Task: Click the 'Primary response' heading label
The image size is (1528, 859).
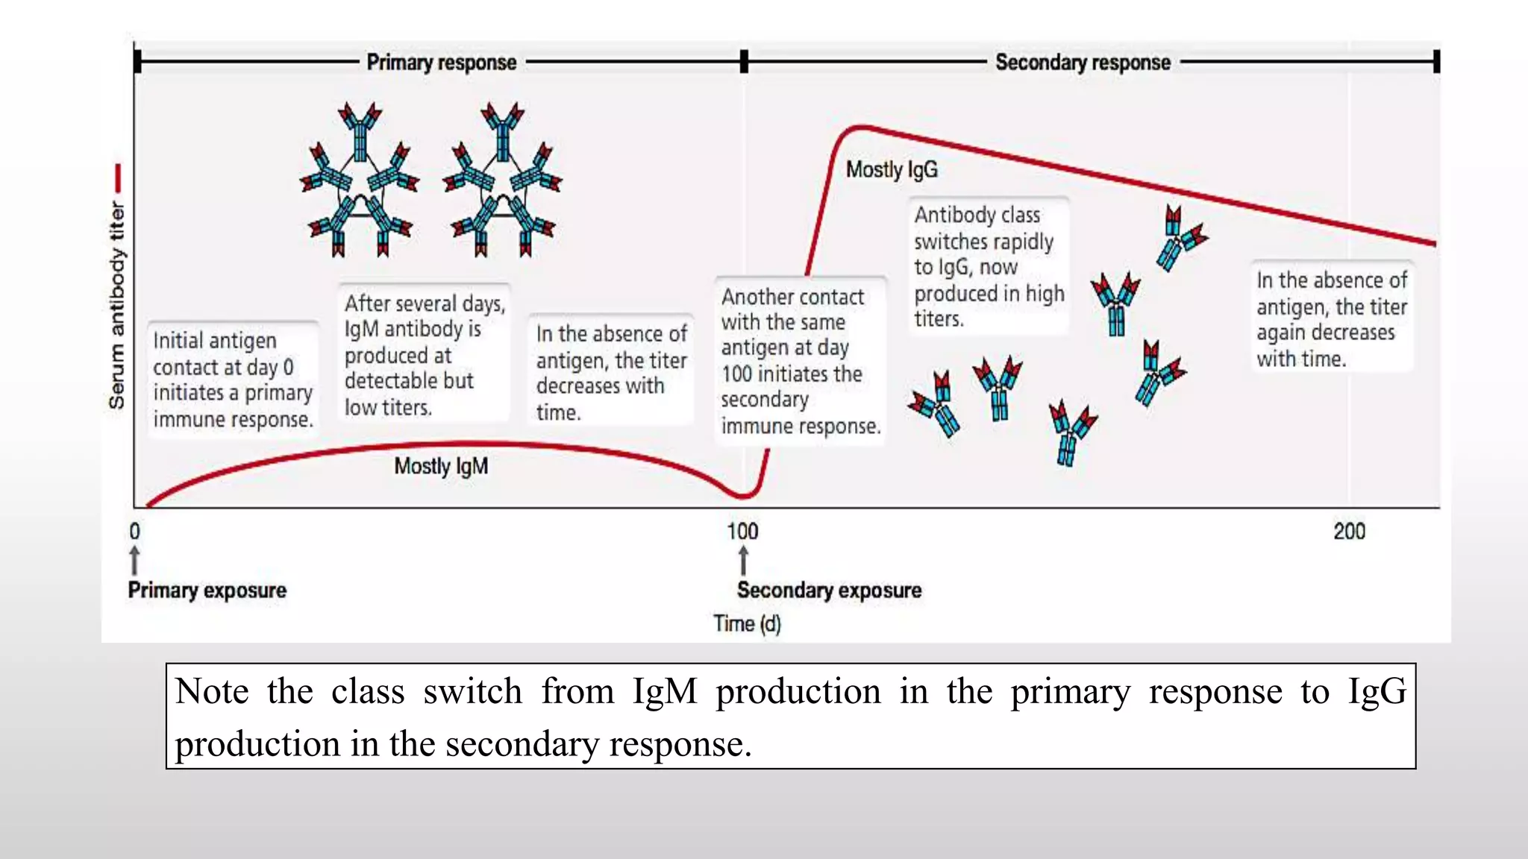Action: click(x=441, y=62)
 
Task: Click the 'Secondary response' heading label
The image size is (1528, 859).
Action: click(x=1083, y=62)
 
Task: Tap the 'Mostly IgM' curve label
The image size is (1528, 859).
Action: click(x=441, y=466)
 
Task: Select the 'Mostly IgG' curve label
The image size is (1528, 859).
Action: click(x=892, y=169)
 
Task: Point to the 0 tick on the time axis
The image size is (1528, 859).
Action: click(x=134, y=531)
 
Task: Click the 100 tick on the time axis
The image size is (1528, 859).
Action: click(x=742, y=531)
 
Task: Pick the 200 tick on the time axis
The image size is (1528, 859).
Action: click(x=1349, y=531)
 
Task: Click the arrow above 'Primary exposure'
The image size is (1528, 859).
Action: click(x=134, y=560)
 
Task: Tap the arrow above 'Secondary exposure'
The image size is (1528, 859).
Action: click(x=743, y=560)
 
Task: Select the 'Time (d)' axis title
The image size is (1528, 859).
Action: click(x=747, y=623)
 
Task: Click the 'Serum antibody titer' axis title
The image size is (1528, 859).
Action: click(x=117, y=306)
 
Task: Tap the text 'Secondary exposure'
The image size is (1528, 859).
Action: click(x=829, y=590)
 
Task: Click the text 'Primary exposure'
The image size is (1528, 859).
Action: click(x=207, y=590)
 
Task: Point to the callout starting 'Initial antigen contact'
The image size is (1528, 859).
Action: click(x=232, y=380)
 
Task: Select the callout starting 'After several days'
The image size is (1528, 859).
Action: click(x=424, y=355)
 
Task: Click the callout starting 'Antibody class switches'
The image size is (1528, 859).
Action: click(x=988, y=266)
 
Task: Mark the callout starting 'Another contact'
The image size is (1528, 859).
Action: click(x=800, y=361)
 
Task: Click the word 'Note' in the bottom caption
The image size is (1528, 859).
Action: click(x=212, y=691)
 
